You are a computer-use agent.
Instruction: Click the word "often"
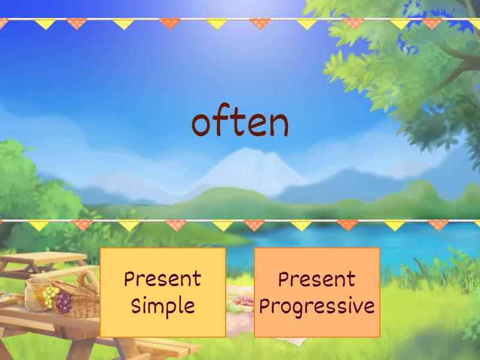240,123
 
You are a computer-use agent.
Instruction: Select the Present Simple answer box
163,292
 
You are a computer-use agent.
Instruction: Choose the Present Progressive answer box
317,292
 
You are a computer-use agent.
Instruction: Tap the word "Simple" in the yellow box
163,306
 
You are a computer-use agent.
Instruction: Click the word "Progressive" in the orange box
317,306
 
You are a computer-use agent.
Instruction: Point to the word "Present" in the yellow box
163,279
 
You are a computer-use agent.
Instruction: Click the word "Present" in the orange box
317,279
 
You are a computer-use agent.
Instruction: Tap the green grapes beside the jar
50,295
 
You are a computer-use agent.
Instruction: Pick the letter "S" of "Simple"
137,306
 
